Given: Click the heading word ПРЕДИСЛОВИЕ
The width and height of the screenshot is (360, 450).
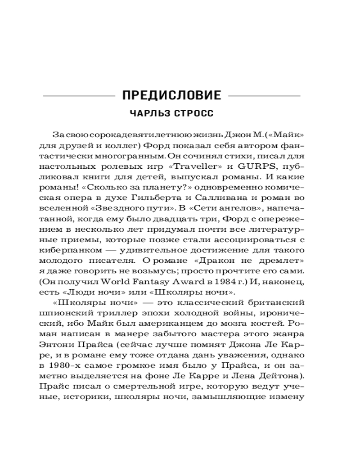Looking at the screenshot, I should coord(171,95).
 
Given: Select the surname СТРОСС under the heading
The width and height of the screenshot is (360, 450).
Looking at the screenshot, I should coord(194,114).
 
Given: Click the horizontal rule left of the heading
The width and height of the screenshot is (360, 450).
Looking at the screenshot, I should coord(78,96).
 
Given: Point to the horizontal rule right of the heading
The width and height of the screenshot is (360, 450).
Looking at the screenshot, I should coord(264,96).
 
